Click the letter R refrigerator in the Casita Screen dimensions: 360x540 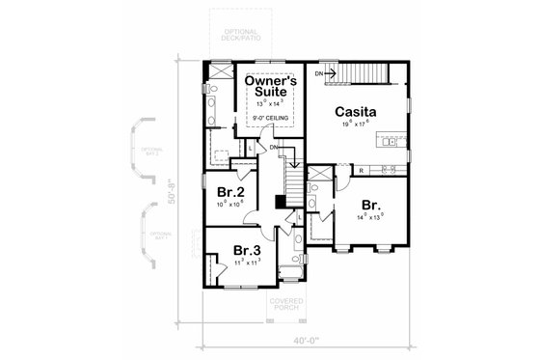coord(361,169)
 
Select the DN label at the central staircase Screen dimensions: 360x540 coord(274,147)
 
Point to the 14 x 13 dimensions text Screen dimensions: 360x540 coord(370,218)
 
